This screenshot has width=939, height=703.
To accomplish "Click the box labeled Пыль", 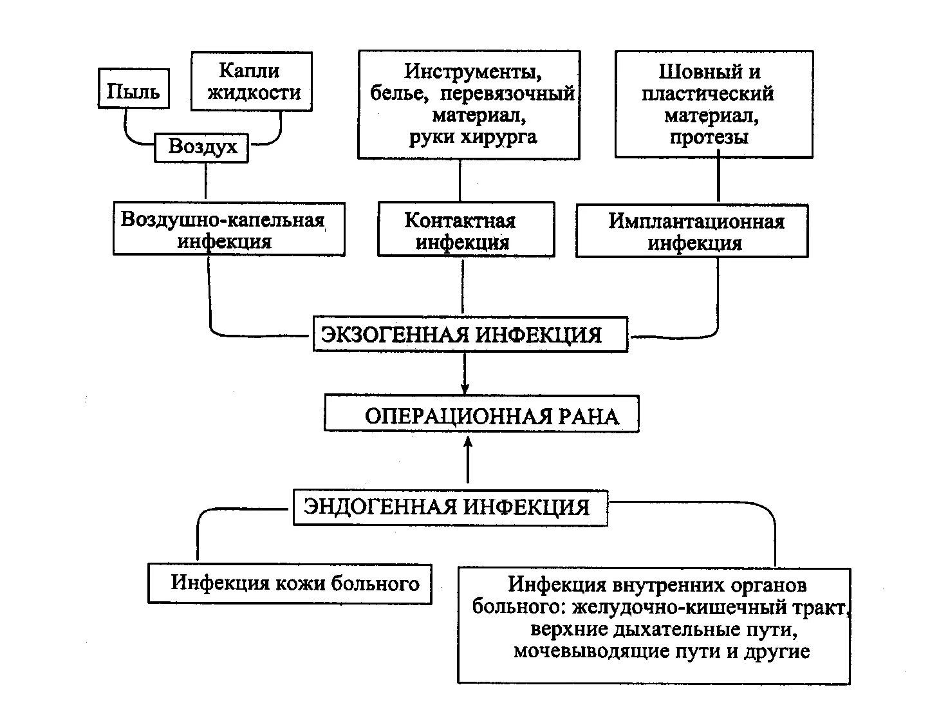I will coord(133,90).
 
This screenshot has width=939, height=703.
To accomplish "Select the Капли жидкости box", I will coord(252,81).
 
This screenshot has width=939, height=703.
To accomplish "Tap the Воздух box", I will coord(201,147).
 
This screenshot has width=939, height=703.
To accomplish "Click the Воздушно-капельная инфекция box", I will coord(228,230).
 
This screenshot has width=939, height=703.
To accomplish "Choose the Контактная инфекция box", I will coord(465,230).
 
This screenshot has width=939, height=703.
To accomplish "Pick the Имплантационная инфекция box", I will coord(692,232).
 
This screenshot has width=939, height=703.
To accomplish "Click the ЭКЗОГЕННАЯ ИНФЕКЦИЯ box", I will coord(470,334).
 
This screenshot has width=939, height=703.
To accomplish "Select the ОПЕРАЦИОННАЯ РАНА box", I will coord(481,414).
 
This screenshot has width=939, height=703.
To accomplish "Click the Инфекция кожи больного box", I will coord(290,584).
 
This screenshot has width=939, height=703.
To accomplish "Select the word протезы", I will coord(709,137).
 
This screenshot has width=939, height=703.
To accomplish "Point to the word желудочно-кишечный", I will coord(672,607).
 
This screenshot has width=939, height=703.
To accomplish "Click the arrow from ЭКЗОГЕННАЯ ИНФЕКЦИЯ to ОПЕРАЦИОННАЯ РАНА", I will coord(465,373).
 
